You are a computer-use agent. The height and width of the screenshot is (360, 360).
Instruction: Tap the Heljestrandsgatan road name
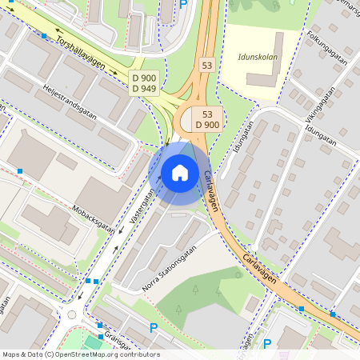70,102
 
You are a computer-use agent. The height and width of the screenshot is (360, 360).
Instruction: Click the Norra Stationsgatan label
169,270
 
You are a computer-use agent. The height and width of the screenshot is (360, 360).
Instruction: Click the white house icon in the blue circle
180,172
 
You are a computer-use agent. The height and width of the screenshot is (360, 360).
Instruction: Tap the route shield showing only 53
207,64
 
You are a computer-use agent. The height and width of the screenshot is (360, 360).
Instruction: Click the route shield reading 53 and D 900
207,119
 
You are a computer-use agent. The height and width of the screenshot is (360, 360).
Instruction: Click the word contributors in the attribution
138,354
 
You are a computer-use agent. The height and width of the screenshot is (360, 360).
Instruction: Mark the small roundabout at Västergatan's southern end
72,314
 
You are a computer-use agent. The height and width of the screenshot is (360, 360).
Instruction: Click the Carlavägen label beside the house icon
210,192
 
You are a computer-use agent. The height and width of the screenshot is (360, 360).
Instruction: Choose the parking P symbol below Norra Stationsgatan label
154,327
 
